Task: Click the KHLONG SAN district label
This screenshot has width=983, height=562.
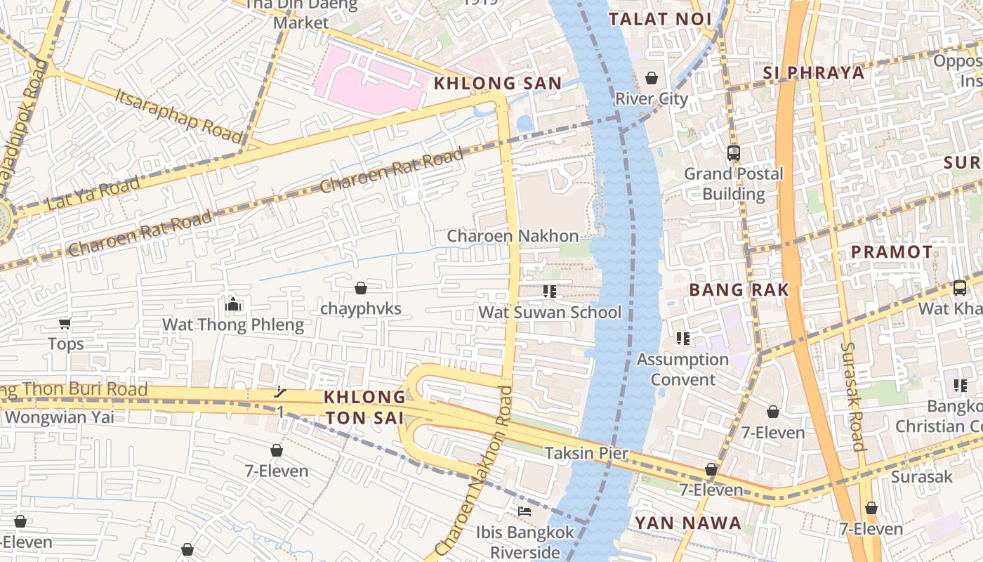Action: tap(497, 84)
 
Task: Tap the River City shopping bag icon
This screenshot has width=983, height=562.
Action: tap(652, 77)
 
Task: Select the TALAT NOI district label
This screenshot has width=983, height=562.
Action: tap(660, 19)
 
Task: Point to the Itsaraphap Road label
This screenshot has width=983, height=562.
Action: tap(178, 115)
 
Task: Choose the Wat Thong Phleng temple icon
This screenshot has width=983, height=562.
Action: tap(233, 304)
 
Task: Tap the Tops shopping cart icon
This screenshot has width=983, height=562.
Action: tap(65, 323)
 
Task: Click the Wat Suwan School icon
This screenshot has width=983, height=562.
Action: tap(549, 291)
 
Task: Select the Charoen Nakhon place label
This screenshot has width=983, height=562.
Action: tap(513, 236)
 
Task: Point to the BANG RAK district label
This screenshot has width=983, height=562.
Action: tap(739, 289)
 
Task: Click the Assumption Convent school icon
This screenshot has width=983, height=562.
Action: tap(682, 339)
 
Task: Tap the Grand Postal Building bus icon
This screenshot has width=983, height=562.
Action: tap(734, 152)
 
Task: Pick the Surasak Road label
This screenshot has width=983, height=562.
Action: tap(852, 396)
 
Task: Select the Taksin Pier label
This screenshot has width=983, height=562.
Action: tap(586, 453)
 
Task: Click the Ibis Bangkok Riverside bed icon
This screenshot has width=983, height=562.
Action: tap(524, 511)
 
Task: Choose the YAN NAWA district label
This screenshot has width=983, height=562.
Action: tap(687, 523)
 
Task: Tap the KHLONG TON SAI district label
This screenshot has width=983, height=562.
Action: tap(364, 407)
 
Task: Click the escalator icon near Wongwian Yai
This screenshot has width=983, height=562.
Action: tap(280, 392)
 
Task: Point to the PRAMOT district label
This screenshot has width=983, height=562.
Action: tap(892, 251)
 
